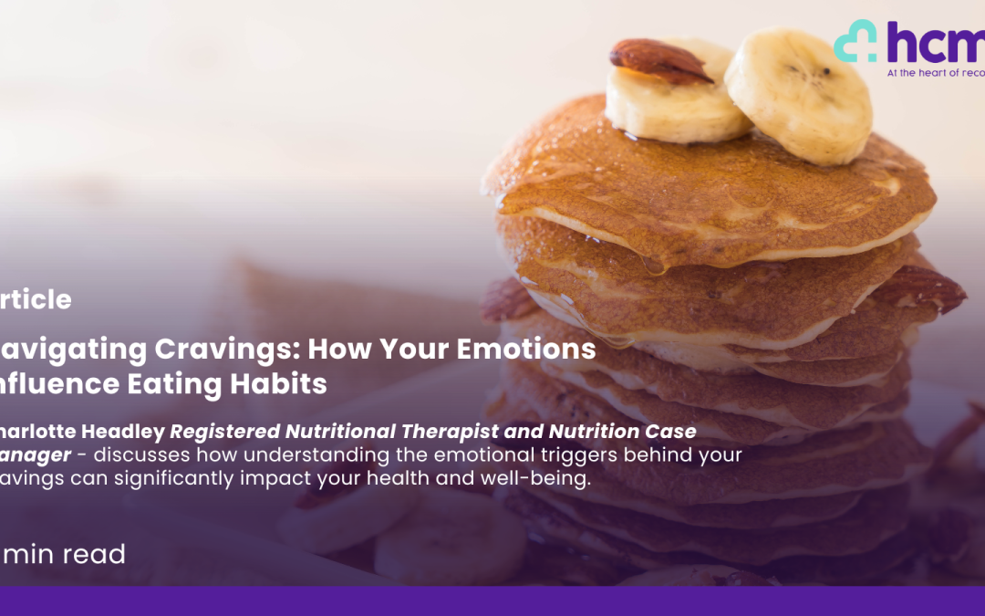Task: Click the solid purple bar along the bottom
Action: [493, 601]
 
